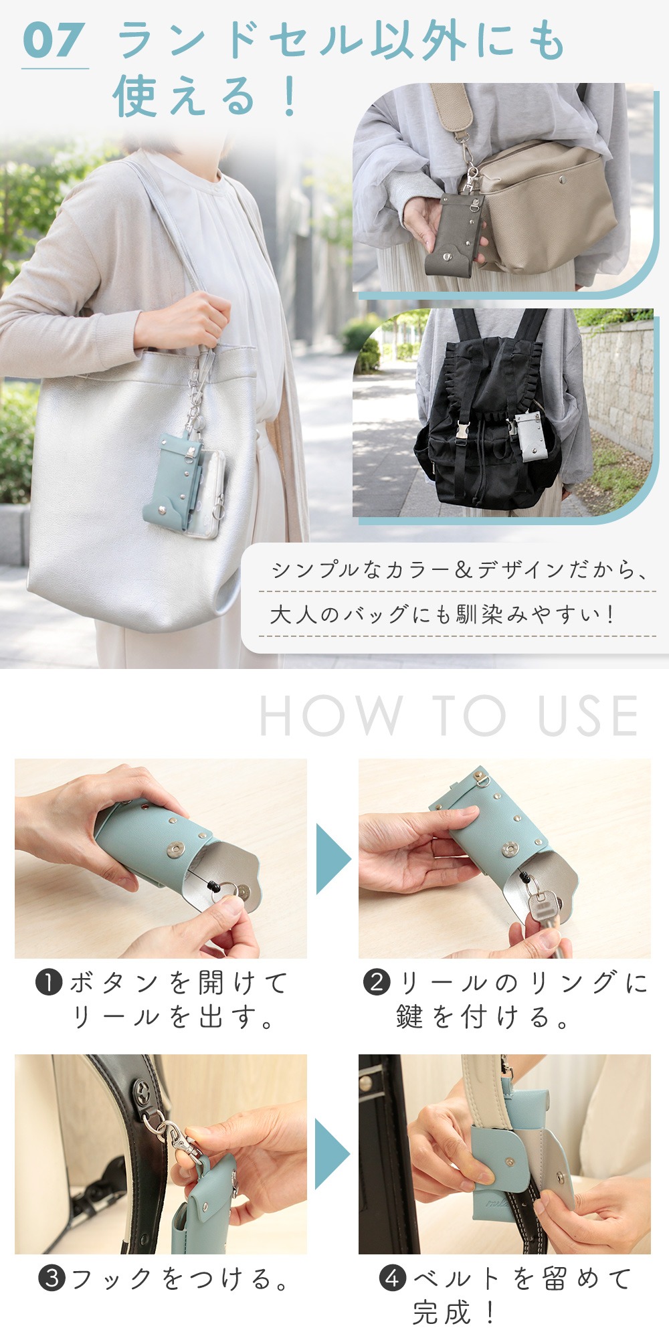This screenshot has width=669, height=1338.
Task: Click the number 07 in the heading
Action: click(54, 40)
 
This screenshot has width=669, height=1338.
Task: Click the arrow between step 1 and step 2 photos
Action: click(332, 859)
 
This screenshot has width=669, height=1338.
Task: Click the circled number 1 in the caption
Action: click(49, 983)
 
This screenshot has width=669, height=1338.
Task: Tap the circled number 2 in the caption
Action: click(377, 983)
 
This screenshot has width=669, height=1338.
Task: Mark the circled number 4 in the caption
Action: click(393, 1279)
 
